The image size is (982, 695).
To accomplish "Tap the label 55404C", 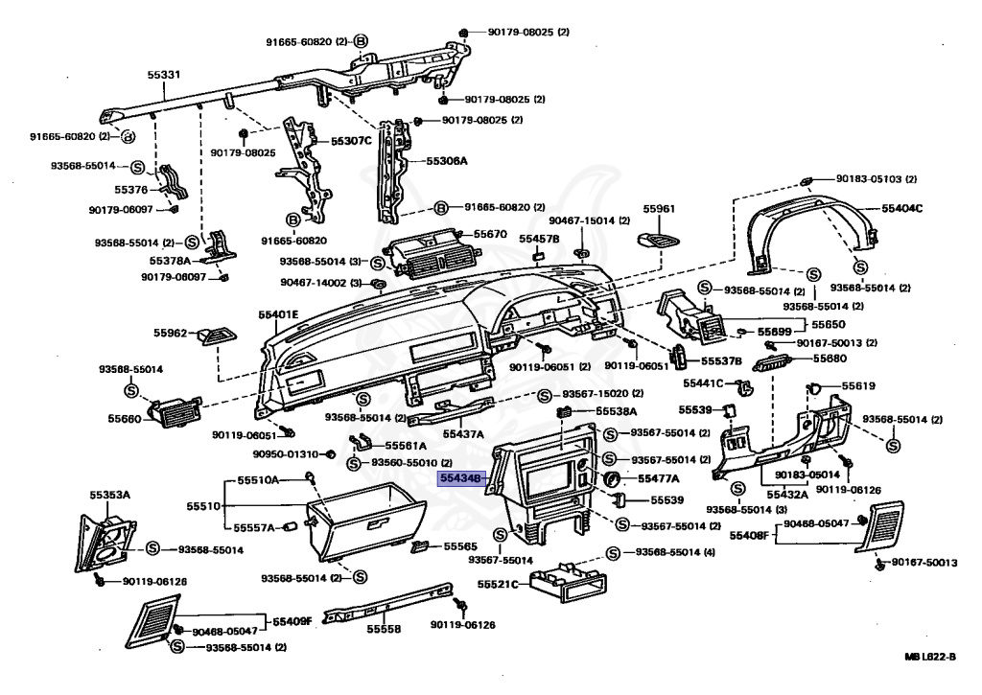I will coord(902,208).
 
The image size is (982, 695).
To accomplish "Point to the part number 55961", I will coord(659,208).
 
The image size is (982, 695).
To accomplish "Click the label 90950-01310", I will coord(286,453).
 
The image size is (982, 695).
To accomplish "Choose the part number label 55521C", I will coord(498,584).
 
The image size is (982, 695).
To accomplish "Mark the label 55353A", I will coord(110,495).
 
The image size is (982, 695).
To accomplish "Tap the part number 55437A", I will coord(463,433).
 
